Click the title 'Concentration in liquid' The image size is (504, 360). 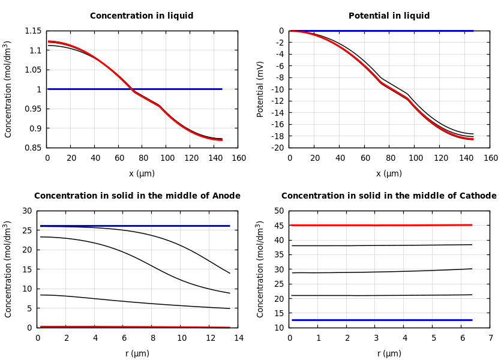(x=142, y=16)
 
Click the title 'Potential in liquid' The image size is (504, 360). (x=389, y=16)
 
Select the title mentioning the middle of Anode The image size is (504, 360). (x=137, y=196)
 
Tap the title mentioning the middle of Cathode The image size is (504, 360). (x=389, y=196)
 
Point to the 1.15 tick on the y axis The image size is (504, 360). (x=33, y=31)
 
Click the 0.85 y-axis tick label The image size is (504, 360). (x=33, y=148)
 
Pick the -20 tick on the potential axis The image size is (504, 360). (x=277, y=148)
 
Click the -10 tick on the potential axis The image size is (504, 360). (x=277, y=89)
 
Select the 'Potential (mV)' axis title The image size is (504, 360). (x=260, y=89)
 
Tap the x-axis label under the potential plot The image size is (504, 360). (x=389, y=174)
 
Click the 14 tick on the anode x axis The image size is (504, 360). (x=238, y=338)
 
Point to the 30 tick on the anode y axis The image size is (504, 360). (x=26, y=211)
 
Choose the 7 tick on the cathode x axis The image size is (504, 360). (x=490, y=338)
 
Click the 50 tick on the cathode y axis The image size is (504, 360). (x=278, y=211)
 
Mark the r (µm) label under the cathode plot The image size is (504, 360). (x=389, y=354)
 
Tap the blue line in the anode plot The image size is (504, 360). (x=132, y=226)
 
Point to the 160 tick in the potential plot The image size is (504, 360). (x=490, y=158)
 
